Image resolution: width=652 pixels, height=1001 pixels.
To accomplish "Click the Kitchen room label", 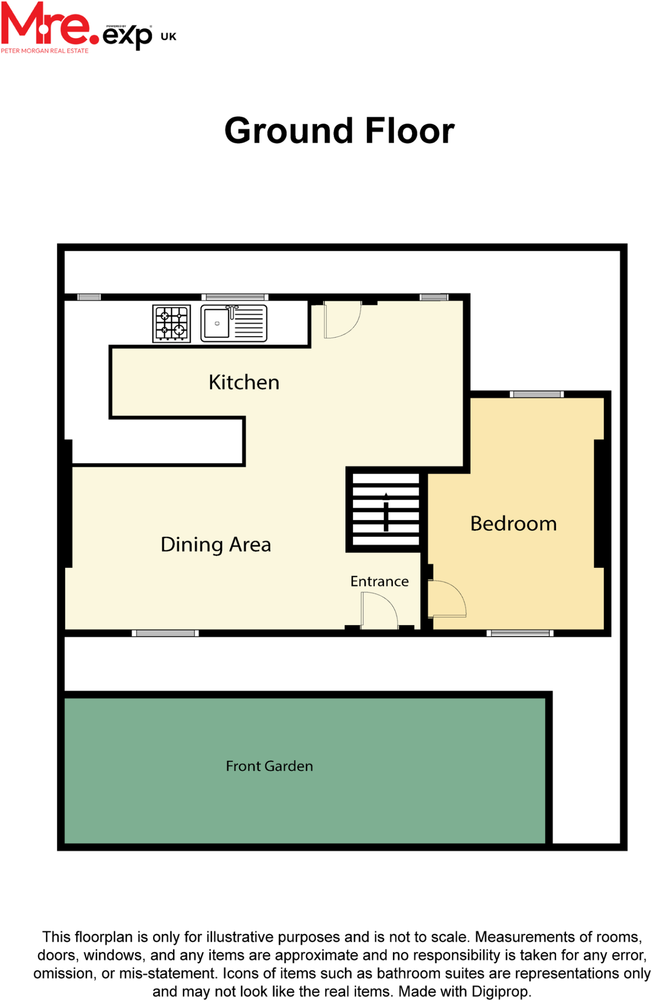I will click(244, 382).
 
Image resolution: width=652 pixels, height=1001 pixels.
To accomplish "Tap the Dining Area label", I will click(216, 544).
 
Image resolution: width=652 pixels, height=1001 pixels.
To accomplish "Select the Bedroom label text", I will click(513, 523).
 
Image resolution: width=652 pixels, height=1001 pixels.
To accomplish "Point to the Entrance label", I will click(379, 581).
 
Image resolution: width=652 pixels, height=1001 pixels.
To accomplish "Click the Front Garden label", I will click(269, 766).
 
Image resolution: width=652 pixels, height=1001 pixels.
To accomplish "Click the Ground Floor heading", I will click(339, 131).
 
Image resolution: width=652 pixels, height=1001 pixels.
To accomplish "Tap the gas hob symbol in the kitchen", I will click(172, 324).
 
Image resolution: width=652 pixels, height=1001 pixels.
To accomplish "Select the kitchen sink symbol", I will click(234, 323).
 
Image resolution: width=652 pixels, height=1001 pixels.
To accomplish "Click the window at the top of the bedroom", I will click(537, 394).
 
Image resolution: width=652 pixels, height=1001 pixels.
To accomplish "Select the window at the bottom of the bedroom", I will click(520, 633).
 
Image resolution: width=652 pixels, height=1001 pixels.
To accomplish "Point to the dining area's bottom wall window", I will click(165, 633).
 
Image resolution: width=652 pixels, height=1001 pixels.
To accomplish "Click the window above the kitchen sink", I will click(235, 297).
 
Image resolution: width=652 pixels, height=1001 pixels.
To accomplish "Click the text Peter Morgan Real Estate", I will click(45, 51).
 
